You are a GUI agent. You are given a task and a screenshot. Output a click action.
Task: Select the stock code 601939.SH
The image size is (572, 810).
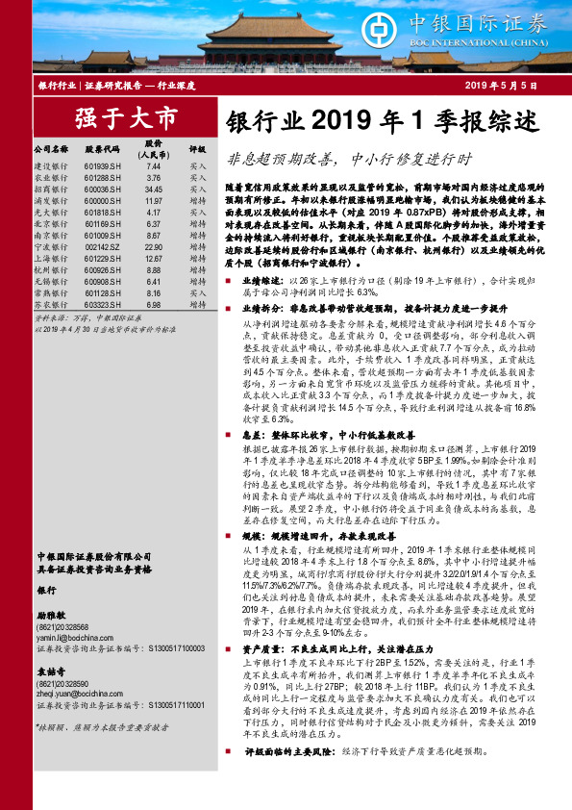[105, 166]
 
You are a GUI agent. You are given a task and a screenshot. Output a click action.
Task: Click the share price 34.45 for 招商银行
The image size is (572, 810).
[153, 190]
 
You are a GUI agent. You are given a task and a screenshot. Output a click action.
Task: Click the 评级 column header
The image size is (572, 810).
[198, 150]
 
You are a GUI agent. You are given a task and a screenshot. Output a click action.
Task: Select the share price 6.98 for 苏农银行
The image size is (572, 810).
[153, 304]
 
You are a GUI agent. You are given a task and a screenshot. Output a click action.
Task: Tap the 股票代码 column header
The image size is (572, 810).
[105, 150]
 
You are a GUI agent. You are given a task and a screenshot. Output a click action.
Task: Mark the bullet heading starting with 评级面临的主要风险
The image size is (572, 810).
[277, 776]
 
